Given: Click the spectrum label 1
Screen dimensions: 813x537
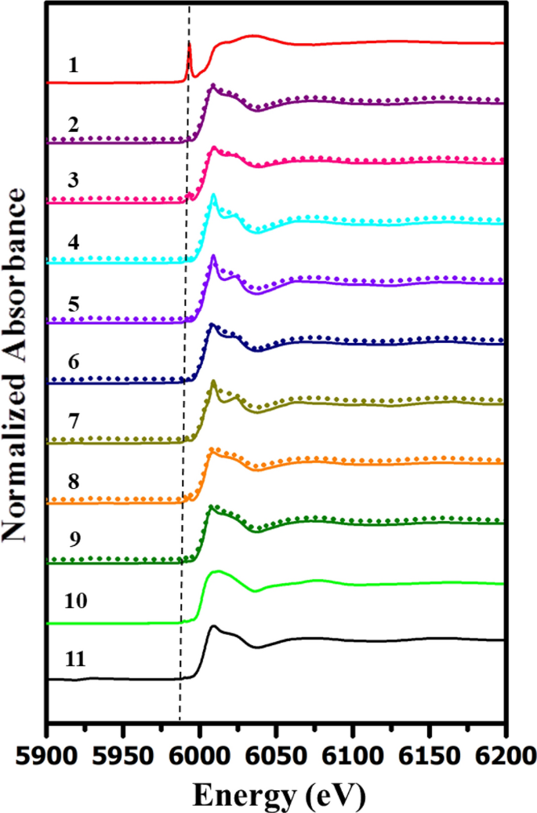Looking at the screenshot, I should [73, 65].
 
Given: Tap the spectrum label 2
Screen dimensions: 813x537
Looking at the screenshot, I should [73, 124].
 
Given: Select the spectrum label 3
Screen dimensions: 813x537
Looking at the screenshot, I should [73, 183].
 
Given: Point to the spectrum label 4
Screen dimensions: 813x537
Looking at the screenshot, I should [73, 242].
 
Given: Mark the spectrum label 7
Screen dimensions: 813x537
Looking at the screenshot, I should [73, 422].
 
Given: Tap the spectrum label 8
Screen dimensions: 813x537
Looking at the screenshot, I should [73, 481].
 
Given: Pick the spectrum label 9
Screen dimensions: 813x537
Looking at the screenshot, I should [73, 541].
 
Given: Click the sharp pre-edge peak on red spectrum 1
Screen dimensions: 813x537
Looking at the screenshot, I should [189, 46].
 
